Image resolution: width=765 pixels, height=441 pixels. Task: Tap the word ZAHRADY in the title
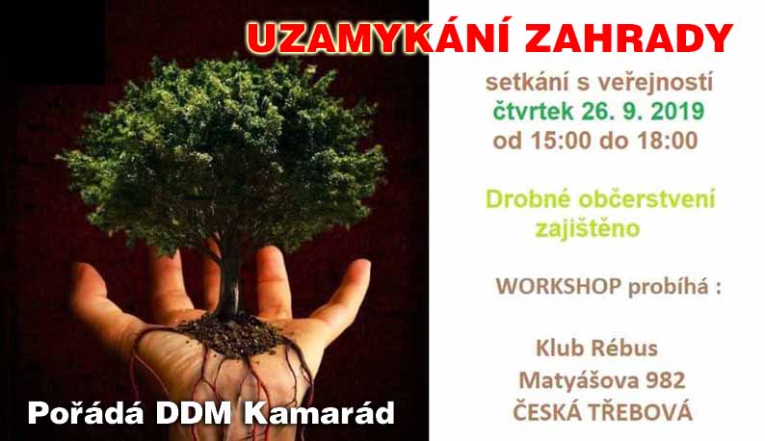pos(628,39)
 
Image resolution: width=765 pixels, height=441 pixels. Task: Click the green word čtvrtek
pos(534,112)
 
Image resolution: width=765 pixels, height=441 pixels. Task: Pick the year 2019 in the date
pos(677,112)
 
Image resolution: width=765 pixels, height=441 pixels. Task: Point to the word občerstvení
pos(646,199)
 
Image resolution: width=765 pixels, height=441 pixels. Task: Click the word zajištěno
pos(588,228)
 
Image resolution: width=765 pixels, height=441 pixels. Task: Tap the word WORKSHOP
pos(559,286)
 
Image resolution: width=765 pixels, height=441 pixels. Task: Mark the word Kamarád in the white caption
pos(319,413)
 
